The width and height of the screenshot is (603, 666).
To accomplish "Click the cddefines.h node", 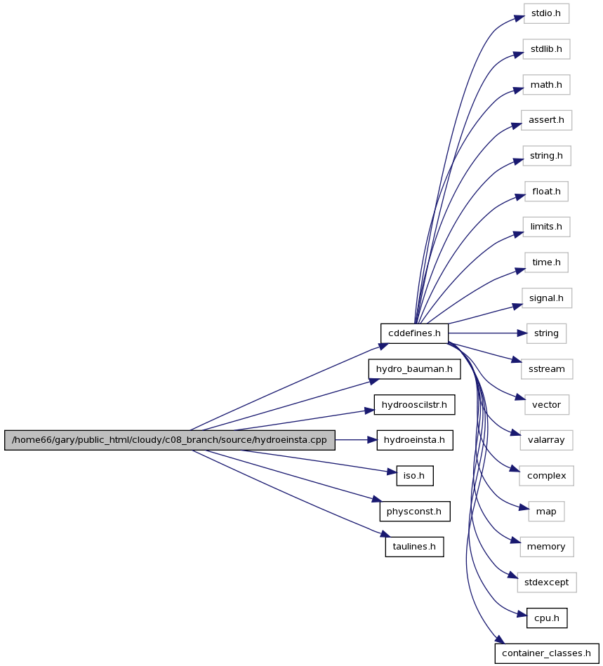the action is pos(414,333).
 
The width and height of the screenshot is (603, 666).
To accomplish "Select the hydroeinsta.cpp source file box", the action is pos(170,440).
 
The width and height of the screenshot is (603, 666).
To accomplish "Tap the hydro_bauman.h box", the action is pos(414,369).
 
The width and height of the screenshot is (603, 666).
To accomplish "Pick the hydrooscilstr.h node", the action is pos(414,405).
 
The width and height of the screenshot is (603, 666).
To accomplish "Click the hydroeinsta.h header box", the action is pos(414,440).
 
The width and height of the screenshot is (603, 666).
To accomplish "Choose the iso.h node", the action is pos(414,476).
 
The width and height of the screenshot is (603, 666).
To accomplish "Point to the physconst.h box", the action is pos(414,512).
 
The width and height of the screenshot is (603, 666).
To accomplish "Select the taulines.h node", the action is pos(414,547).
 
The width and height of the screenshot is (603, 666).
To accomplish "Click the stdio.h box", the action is pos(546,13).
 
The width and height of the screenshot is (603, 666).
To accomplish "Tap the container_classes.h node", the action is pos(546,653).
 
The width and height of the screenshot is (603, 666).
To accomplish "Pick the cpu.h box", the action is pos(546,618).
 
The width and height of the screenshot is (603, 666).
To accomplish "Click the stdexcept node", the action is pos(546,582).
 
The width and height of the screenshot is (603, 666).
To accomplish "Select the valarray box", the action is pos(546,440).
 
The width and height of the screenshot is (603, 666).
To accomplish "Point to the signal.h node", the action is pos(546,298).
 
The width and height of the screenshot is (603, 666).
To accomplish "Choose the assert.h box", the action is pos(546,120).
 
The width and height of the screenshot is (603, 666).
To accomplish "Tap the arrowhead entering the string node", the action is pos(522,333).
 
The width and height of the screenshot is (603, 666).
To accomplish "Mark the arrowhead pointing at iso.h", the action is pos(392,472).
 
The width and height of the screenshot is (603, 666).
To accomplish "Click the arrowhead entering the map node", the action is pos(524,507).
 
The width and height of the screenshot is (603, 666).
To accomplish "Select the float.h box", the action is pos(546,192).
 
